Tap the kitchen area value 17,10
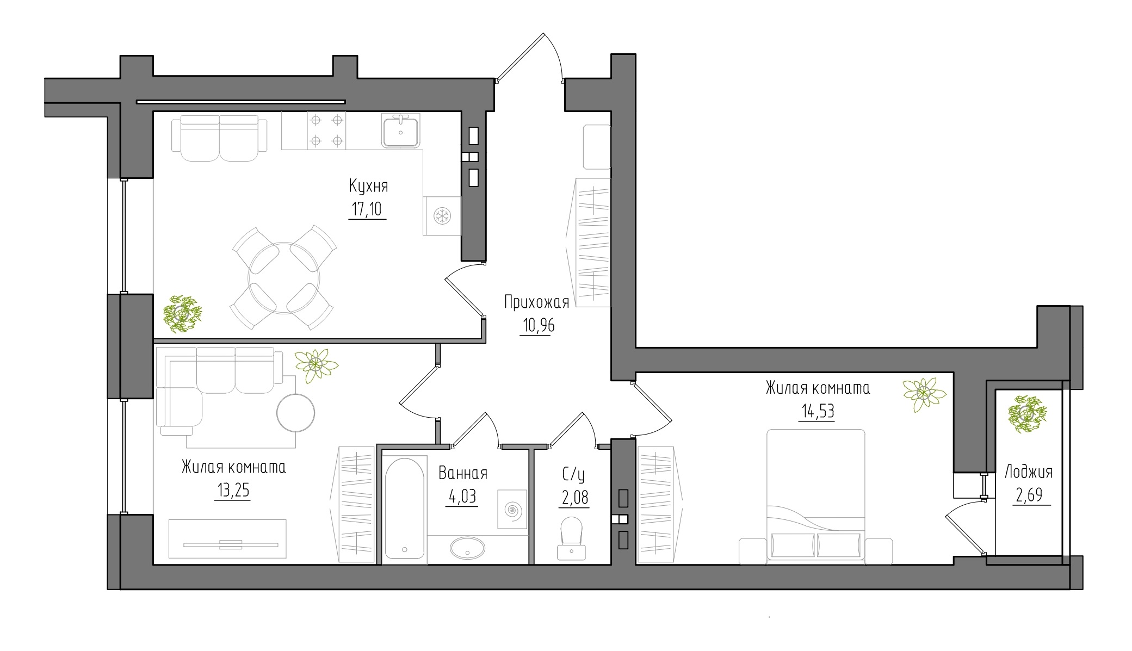tap(368, 209)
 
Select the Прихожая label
tap(536, 302)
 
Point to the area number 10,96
tap(536, 325)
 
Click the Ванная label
tap(463, 474)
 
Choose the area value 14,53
tap(816, 411)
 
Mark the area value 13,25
tap(233, 491)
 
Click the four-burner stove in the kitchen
tap(326, 130)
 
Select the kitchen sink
tap(401, 131)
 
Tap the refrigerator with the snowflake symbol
tap(442, 216)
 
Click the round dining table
tap(284, 277)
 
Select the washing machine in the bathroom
tap(512, 509)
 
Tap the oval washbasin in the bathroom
tap(467, 548)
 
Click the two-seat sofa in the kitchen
tap(219, 138)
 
